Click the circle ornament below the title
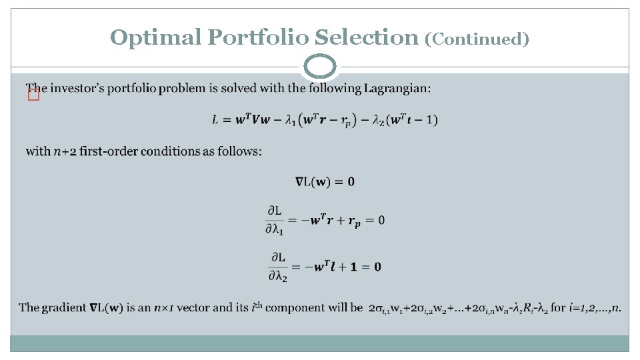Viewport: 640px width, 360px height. [320, 67]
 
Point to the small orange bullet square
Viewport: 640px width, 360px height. [33, 96]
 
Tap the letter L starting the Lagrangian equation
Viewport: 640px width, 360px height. [215, 120]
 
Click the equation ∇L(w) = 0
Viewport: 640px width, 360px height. [325, 181]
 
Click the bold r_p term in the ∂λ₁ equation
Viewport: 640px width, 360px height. [353, 221]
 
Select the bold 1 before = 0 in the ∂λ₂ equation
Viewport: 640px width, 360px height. [355, 267]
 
